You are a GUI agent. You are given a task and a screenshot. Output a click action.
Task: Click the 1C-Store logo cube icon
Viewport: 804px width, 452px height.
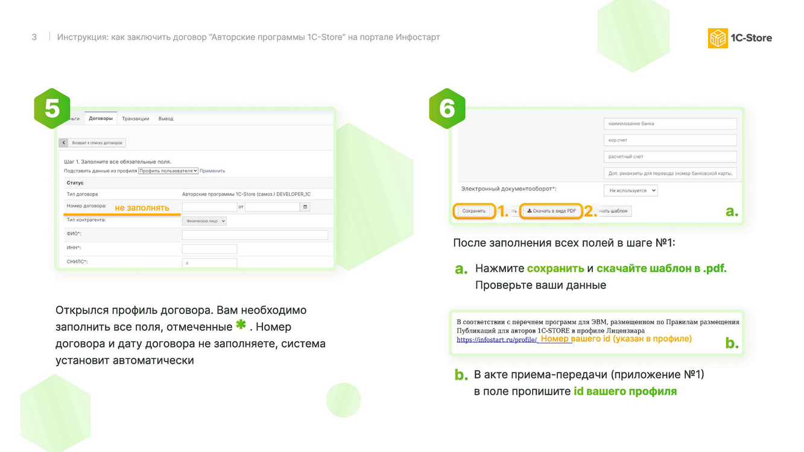pyautogui.click(x=718, y=38)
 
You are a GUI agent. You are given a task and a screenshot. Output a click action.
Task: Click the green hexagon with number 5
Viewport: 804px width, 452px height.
pyautogui.click(x=52, y=108)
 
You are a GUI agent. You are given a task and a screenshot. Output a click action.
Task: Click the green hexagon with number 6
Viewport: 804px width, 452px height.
pyautogui.click(x=447, y=108)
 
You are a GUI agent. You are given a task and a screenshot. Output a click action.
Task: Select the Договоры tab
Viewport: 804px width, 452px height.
pyautogui.click(x=101, y=118)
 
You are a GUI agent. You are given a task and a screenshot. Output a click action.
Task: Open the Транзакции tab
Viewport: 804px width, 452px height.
pyautogui.click(x=135, y=119)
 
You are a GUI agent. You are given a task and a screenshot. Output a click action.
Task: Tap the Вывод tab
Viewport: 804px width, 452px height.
pyautogui.click(x=166, y=119)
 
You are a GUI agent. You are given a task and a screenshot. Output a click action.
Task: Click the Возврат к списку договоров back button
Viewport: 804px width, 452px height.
pyautogui.click(x=92, y=143)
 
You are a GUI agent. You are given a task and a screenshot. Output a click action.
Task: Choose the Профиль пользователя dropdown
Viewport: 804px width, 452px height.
pyautogui.click(x=168, y=171)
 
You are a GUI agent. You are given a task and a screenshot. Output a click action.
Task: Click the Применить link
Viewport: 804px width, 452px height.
pyautogui.click(x=212, y=171)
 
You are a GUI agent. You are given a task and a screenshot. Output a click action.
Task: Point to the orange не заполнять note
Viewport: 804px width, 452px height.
pyautogui.click(x=142, y=208)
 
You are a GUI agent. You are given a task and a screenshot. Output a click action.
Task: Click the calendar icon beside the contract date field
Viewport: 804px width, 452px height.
pyautogui.click(x=305, y=207)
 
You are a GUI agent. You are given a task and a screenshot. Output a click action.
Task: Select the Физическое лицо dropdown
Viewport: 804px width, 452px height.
pyautogui.click(x=204, y=221)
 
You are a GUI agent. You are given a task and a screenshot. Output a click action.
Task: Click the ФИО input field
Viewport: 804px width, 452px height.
pyautogui.click(x=255, y=235)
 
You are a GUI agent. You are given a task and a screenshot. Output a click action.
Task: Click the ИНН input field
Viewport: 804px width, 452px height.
pyautogui.click(x=210, y=248)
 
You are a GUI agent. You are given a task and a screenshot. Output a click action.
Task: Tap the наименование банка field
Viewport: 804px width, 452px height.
pyautogui.click(x=670, y=124)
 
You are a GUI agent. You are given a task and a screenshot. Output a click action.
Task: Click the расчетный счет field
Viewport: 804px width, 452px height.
pyautogui.click(x=670, y=157)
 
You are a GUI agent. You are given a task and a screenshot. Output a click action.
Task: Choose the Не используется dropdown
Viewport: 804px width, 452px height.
pyautogui.click(x=631, y=190)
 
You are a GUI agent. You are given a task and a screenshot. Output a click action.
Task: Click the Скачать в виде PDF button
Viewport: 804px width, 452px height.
pyautogui.click(x=551, y=211)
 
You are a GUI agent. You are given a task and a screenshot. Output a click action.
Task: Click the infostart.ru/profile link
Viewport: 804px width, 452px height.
pyautogui.click(x=497, y=340)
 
